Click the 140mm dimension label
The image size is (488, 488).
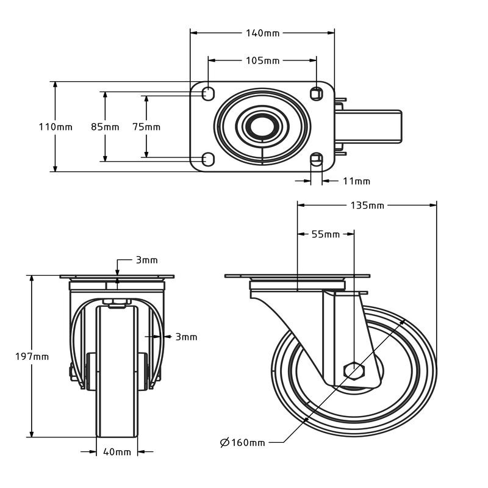[x=264, y=33]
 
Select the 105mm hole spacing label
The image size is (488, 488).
[x=263, y=60]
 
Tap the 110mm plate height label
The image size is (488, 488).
[x=56, y=127]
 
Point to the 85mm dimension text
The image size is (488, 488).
[x=105, y=127]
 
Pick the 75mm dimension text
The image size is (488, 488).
[x=146, y=127]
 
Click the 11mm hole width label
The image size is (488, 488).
[x=357, y=181]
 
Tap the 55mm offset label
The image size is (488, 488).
[x=326, y=234]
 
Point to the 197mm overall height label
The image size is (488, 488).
[x=32, y=356]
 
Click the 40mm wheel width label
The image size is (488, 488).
[x=117, y=452]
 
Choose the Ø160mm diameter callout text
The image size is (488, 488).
[x=243, y=442]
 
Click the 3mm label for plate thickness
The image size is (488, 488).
[x=146, y=260]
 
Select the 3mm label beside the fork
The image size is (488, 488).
[x=186, y=337]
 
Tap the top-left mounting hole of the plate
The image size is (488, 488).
[x=208, y=94]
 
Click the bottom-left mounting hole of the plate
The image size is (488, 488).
[x=208, y=159]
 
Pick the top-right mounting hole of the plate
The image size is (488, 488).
[x=316, y=93]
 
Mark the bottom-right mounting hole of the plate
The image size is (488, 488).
[x=316, y=159]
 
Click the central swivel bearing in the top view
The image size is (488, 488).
[x=262, y=127]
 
